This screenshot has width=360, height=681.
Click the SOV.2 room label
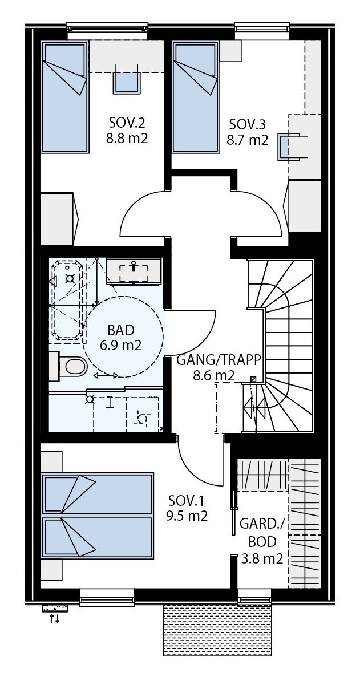[x=127, y=123]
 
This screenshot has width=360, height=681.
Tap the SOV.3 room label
[x=247, y=124]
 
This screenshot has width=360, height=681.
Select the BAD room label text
[x=120, y=330]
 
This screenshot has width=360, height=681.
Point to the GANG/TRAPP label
[x=219, y=360]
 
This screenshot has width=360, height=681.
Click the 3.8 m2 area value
[x=261, y=560]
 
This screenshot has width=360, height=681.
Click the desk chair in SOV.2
[x=127, y=81]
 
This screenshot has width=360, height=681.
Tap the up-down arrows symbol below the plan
[x=55, y=618]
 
